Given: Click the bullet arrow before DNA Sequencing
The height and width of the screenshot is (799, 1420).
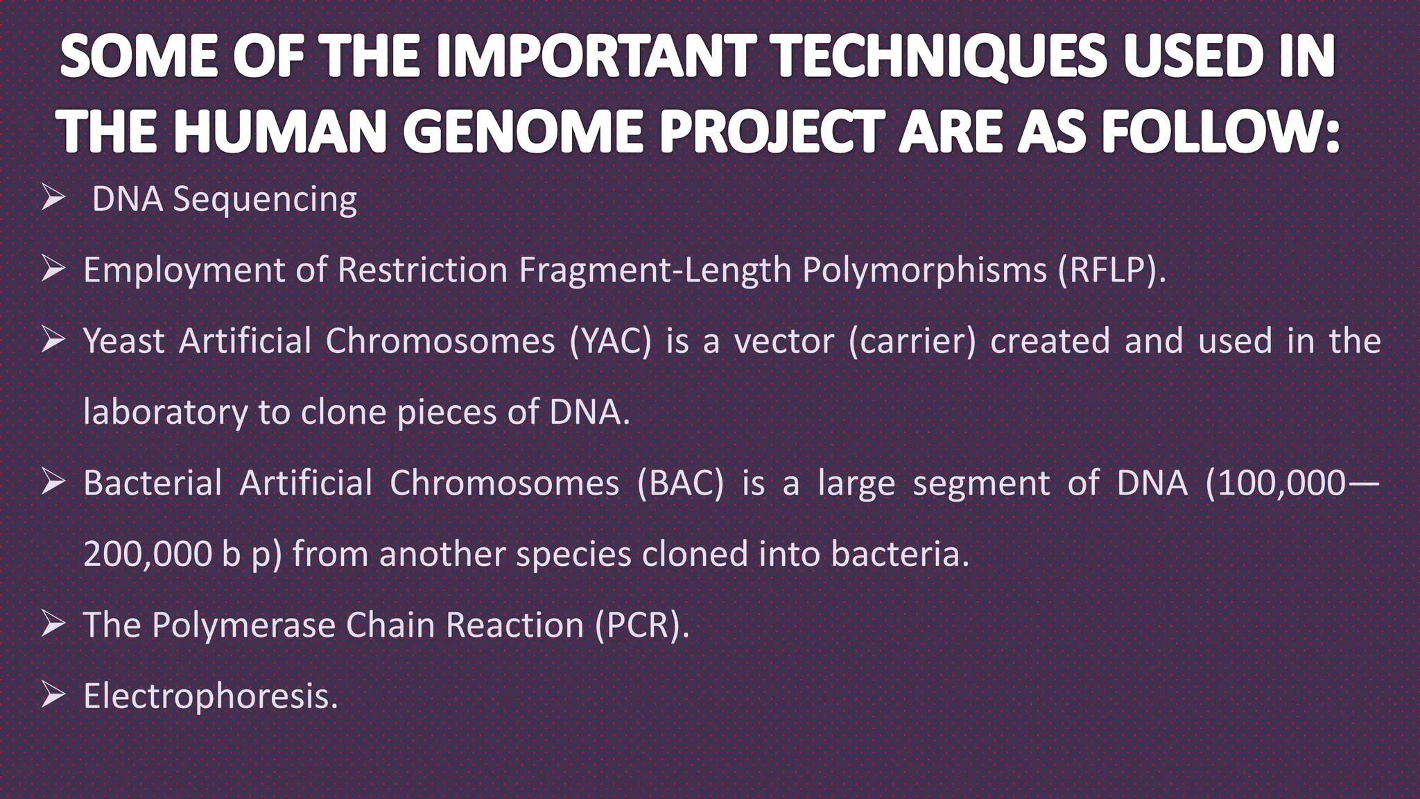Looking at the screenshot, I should point(53,198).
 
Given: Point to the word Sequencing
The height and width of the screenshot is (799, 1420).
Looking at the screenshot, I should point(265,200).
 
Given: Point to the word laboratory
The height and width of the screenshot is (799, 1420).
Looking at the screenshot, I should point(164,413).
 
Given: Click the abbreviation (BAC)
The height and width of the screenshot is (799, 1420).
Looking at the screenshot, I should point(681,483).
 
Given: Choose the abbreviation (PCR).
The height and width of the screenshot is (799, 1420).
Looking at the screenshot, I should point(642,625).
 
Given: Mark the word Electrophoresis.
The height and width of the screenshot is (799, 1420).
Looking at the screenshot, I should point(210,696).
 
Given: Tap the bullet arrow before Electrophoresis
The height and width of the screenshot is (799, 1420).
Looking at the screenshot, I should point(53,695).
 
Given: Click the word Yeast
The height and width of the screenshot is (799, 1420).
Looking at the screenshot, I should point(123,341).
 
